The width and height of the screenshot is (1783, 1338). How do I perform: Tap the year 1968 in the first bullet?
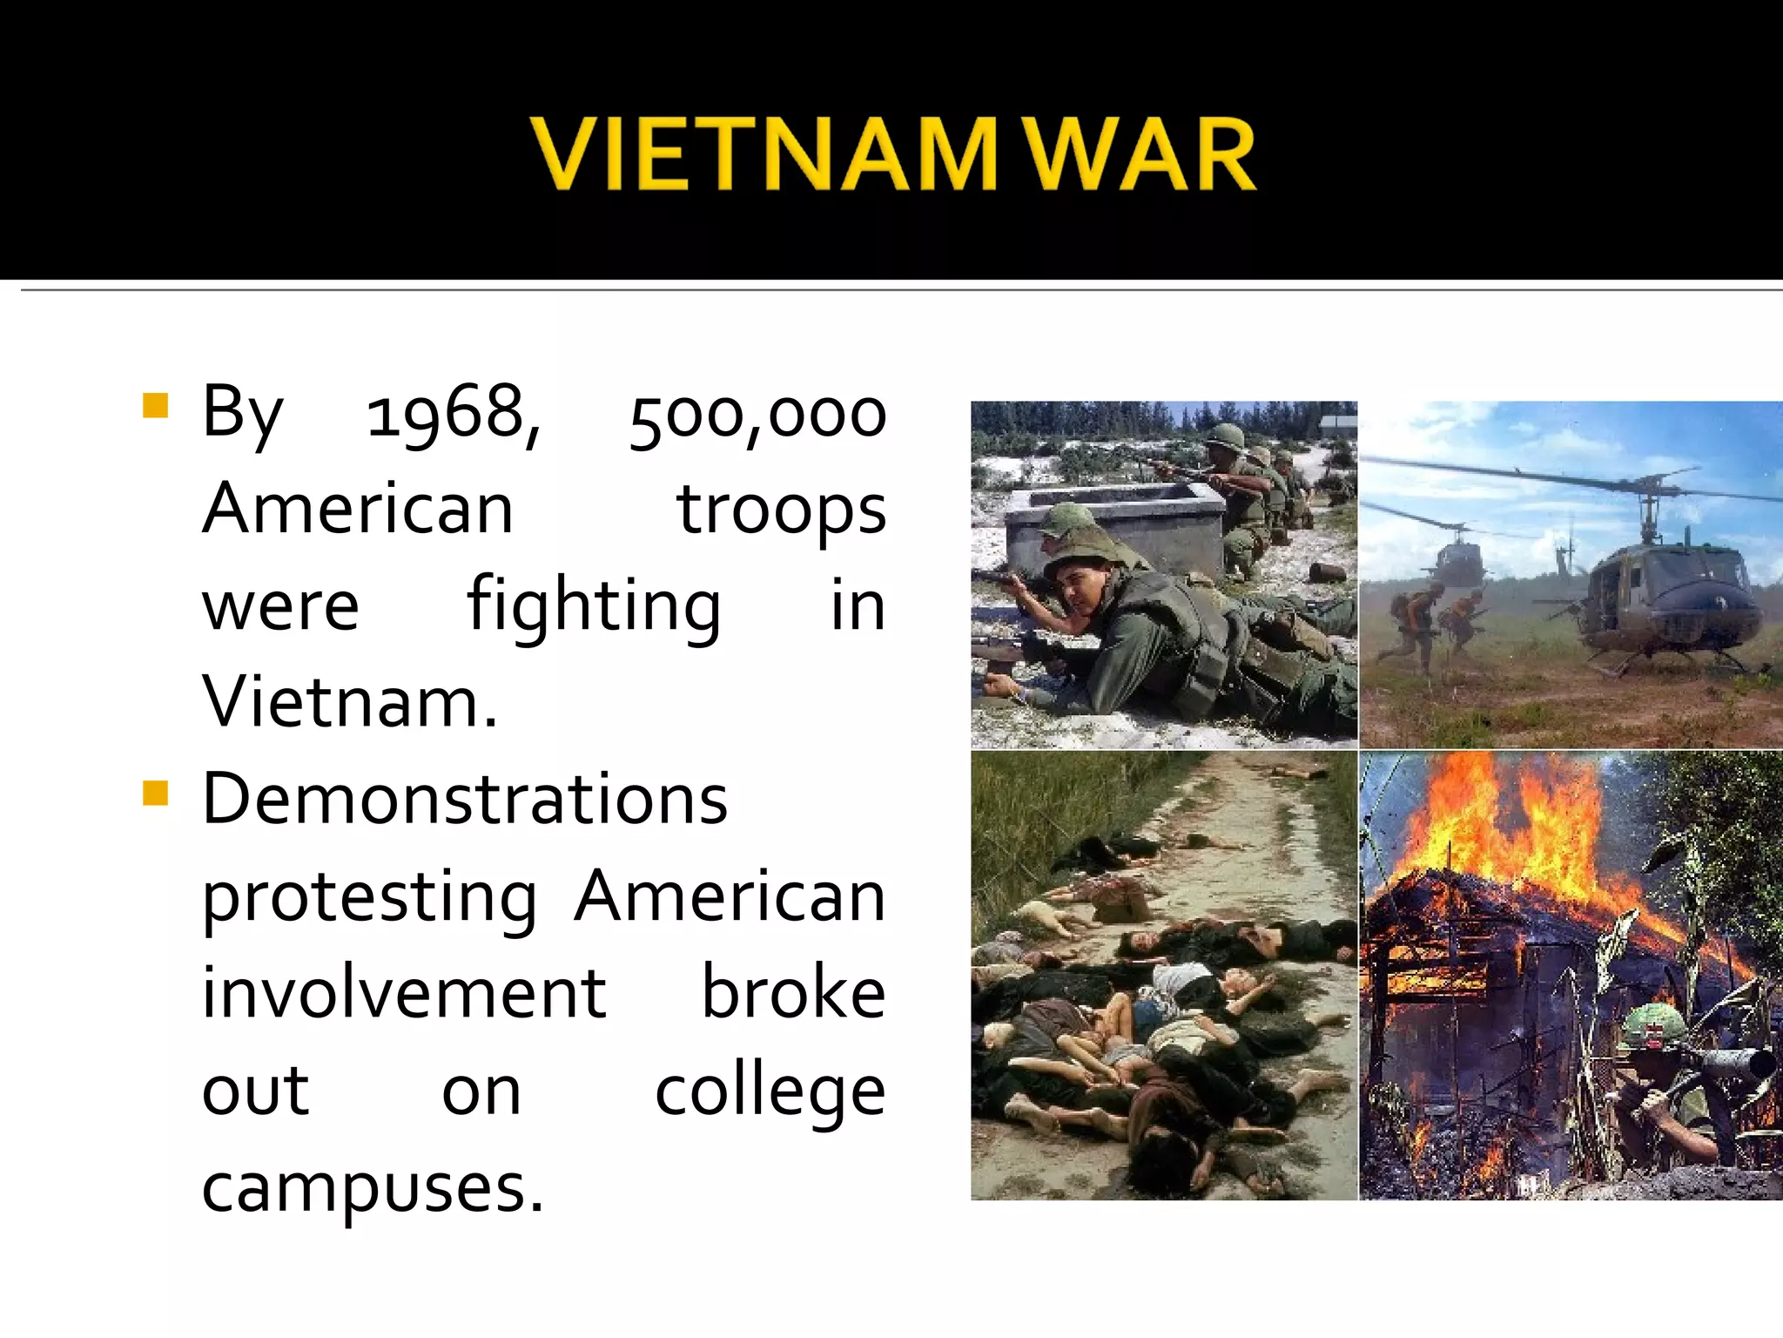(x=452, y=414)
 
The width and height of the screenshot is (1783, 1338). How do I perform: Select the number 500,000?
(x=757, y=416)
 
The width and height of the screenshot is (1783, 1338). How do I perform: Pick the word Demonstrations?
(x=464, y=799)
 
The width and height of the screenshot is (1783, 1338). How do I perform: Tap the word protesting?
(x=369, y=898)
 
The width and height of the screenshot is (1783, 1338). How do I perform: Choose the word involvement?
(x=404, y=994)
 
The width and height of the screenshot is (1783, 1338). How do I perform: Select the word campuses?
(x=373, y=1188)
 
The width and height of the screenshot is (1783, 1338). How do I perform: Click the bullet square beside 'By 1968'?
(x=155, y=406)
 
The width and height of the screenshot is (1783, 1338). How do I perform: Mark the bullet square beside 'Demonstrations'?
(x=155, y=793)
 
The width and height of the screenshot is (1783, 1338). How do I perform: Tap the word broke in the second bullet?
(x=793, y=994)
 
